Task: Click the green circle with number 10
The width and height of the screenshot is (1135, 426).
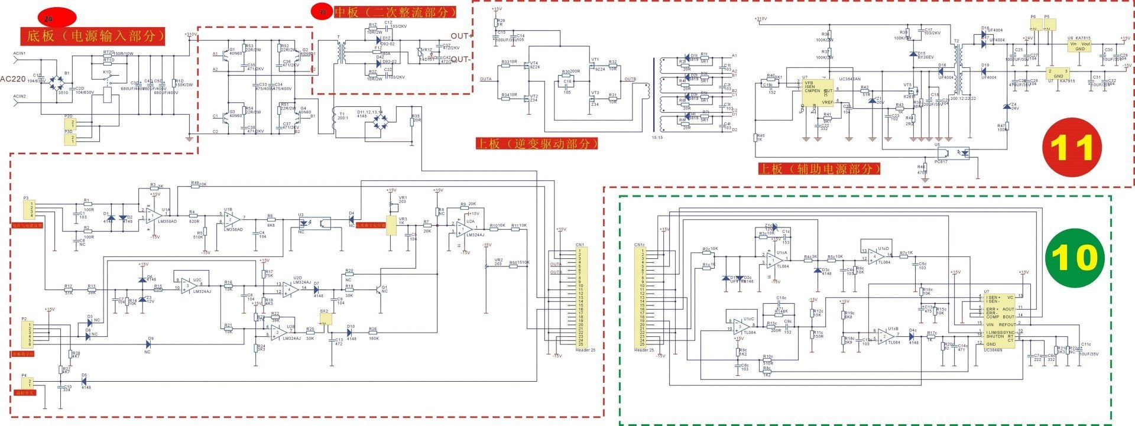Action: (1074, 258)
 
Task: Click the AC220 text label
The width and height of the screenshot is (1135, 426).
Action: (13, 79)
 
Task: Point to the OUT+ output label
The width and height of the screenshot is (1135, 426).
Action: (461, 36)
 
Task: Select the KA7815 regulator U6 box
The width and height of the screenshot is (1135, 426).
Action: (1079, 46)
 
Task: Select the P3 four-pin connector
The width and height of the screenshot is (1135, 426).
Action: (28, 210)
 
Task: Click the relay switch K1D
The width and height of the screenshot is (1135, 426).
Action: (108, 77)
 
